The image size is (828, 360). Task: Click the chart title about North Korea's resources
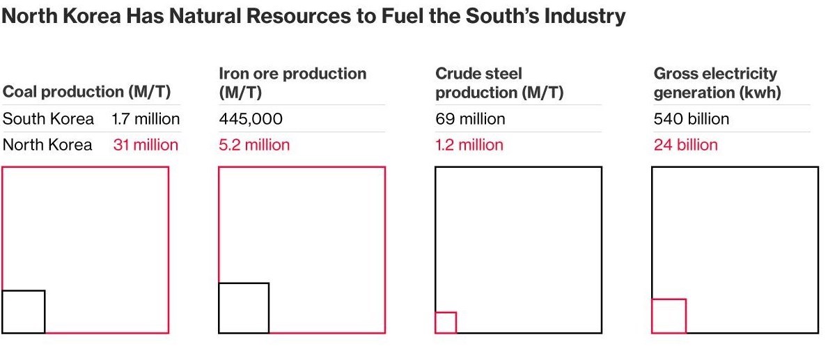[313, 17]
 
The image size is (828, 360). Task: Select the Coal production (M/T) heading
[87, 91]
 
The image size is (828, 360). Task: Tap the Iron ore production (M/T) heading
[292, 82]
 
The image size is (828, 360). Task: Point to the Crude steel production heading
[499, 82]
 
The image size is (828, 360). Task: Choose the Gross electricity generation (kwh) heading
[717, 82]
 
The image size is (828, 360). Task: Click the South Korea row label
[48, 118]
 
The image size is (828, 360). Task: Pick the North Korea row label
[47, 145]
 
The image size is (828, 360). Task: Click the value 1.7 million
[146, 118]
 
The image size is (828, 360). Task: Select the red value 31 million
[146, 145]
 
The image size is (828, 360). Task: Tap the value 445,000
[251, 119]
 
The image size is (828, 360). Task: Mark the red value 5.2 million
[254, 145]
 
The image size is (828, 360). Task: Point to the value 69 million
[470, 119]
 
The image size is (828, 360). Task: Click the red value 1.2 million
[469, 145]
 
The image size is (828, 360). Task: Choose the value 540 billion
[692, 119]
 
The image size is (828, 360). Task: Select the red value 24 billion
[685, 145]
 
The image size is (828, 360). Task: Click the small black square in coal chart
[24, 311]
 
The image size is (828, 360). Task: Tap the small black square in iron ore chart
[244, 308]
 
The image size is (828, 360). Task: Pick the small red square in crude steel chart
[446, 322]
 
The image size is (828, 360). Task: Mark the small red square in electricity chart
[669, 316]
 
